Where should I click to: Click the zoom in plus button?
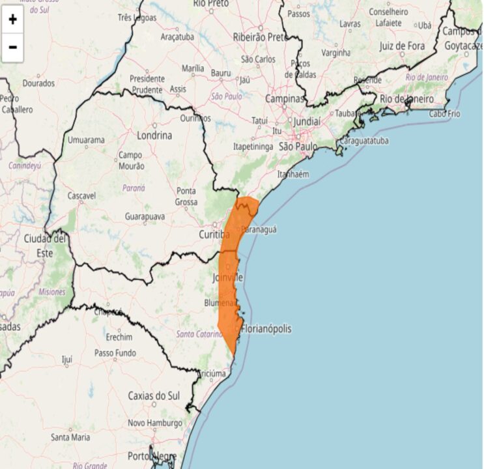[x=12, y=20]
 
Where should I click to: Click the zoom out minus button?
[x=12, y=47]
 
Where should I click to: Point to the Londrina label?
[x=154, y=135]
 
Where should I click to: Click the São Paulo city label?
[x=298, y=147]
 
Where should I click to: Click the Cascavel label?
[x=81, y=195]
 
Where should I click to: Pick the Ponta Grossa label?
[x=186, y=196]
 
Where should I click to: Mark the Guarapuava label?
[x=145, y=216]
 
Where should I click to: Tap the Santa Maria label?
[x=70, y=437]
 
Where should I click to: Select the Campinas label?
[x=285, y=99]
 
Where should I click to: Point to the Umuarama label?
[x=86, y=140]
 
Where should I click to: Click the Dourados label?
[x=38, y=83]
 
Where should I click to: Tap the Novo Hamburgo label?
[x=154, y=423]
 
